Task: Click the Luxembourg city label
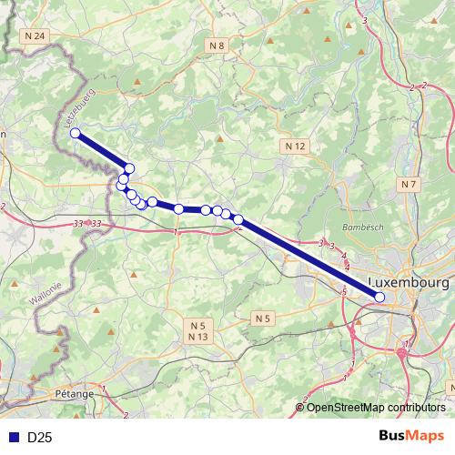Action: coord(411,283)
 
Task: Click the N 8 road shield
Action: coord(217,45)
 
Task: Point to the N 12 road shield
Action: coord(294,146)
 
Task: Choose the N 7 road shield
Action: coord(409,184)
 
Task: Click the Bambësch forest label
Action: coord(359,226)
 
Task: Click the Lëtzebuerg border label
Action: coord(80,108)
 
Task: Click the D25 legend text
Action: coord(38,438)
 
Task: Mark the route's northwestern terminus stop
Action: coord(76,134)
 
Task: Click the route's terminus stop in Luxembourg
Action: coord(379,297)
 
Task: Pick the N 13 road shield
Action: coord(199,337)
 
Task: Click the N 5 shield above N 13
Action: coord(199,325)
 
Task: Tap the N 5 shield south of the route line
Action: coord(262,318)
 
